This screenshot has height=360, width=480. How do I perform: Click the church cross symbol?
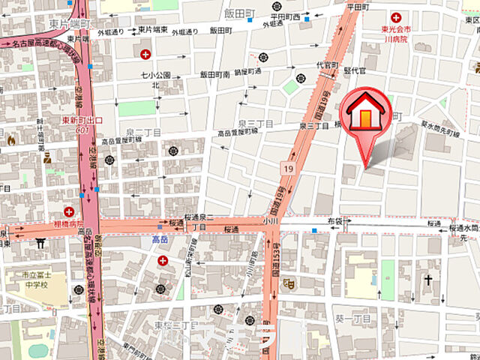point(428,280)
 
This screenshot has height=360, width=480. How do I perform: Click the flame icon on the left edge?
point(10,139)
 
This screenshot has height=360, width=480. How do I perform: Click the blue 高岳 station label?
point(160,240)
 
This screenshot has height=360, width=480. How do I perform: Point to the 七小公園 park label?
point(156,75)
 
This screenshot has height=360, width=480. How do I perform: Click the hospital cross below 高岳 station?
point(163,260)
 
